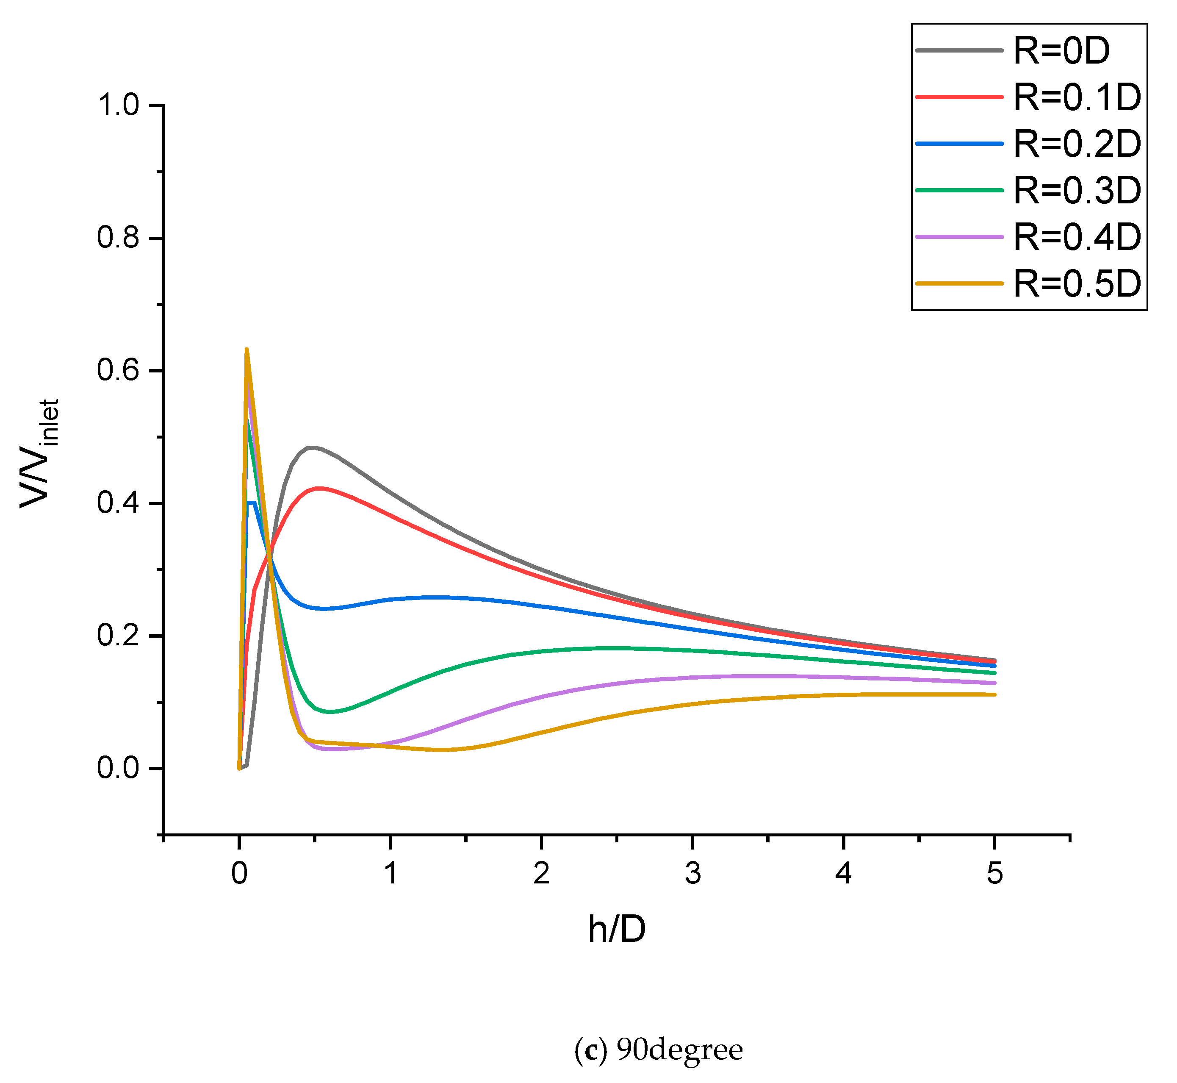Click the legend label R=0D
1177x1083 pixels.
(1061, 51)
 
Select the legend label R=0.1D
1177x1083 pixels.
(1077, 97)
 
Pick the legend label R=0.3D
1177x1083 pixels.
(1077, 191)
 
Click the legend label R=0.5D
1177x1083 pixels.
(1077, 284)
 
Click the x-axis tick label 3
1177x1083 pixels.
(692, 874)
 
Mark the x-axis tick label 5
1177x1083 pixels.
(995, 874)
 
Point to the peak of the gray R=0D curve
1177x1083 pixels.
(311, 448)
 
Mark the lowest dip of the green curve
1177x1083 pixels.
(331, 712)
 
